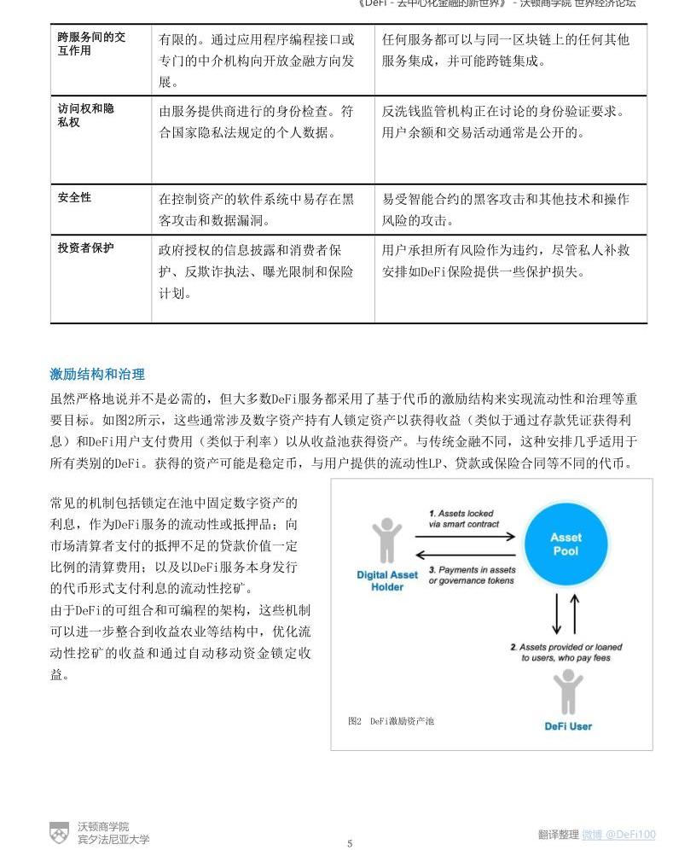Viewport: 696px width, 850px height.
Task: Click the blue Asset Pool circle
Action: click(x=565, y=544)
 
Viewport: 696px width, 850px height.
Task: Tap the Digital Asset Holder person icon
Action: click(x=386, y=540)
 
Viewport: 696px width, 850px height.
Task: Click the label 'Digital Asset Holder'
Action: click(x=387, y=580)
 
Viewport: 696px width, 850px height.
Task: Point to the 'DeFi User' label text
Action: click(x=568, y=726)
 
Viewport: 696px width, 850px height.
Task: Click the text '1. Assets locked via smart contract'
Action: click(x=464, y=518)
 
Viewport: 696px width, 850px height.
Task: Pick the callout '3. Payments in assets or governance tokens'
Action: click(x=472, y=575)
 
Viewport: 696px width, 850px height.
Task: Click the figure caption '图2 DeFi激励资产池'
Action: click(x=391, y=721)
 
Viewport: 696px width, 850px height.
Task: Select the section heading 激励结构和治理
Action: click(x=97, y=374)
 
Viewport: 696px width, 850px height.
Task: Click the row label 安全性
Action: click(x=75, y=197)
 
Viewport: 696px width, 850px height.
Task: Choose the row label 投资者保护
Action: click(x=85, y=248)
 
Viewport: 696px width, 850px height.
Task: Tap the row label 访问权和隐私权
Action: click(x=85, y=115)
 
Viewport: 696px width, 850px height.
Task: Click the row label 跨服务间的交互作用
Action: click(x=91, y=44)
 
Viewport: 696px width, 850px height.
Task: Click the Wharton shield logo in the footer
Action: click(x=59, y=832)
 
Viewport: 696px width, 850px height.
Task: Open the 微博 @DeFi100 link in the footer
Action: click(x=618, y=835)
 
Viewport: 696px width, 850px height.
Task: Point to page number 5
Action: click(x=350, y=843)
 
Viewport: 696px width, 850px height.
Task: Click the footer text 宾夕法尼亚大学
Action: click(x=113, y=839)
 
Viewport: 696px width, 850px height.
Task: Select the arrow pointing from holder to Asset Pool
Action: click(x=465, y=537)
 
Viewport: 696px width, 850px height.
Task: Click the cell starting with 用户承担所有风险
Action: click(x=506, y=261)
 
